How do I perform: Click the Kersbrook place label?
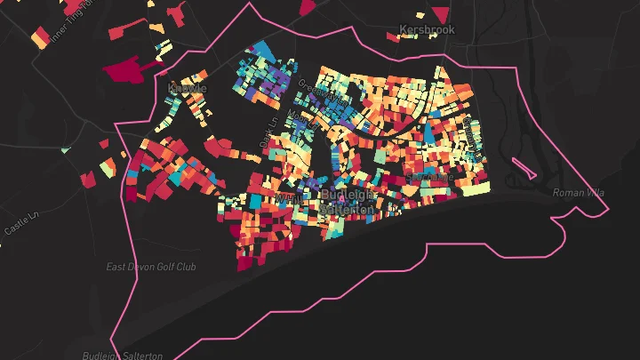(427, 29)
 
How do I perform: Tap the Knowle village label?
(187, 88)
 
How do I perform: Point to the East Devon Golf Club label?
(151, 267)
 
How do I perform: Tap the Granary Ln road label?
(468, 133)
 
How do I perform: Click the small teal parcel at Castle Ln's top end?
(66, 149)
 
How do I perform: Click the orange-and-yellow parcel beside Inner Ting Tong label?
(40, 37)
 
